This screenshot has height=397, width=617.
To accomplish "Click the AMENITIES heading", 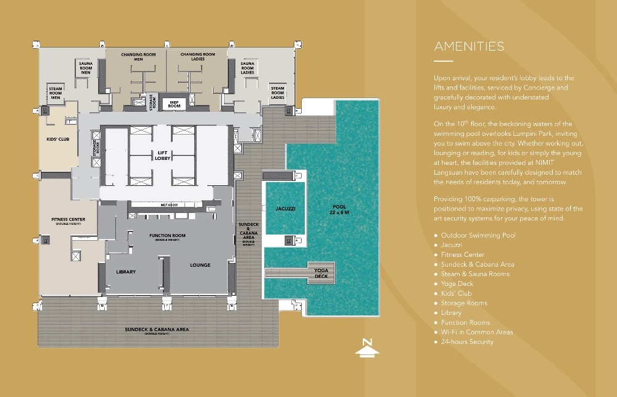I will pyautogui.click(x=469, y=46).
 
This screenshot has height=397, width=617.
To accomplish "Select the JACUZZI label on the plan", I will pyautogui.click(x=284, y=209).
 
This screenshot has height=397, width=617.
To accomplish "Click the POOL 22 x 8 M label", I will pyautogui.click(x=339, y=209).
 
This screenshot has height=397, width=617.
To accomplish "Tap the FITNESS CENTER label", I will pyautogui.click(x=68, y=220).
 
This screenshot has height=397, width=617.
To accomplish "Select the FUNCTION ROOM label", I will pyautogui.click(x=167, y=236).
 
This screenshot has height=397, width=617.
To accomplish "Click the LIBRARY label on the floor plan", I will pyautogui.click(x=126, y=272).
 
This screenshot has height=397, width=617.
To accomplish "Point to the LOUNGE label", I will pyautogui.click(x=200, y=265).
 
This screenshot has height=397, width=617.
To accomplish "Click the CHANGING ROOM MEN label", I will pyautogui.click(x=138, y=57).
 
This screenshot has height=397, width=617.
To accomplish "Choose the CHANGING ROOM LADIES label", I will pyautogui.click(x=197, y=57).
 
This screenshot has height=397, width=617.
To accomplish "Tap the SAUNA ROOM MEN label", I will pyautogui.click(x=86, y=67).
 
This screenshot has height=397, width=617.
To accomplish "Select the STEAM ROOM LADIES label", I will pyautogui.click(x=278, y=93).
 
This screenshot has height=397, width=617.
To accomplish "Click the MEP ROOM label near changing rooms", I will pyautogui.click(x=174, y=103).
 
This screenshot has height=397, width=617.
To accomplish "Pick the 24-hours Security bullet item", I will pyautogui.click(x=467, y=341).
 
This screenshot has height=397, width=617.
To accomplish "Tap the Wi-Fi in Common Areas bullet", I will pyautogui.click(x=477, y=332).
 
